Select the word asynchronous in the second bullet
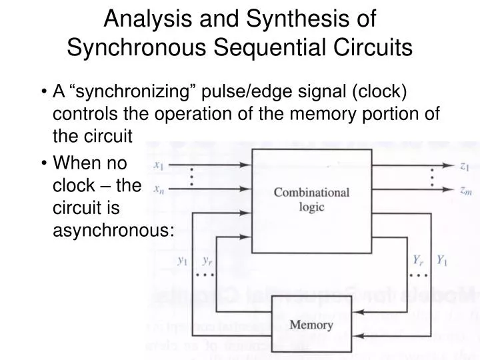pos(113,231)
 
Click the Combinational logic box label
pos(311,199)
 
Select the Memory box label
pos(311,325)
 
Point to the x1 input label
pos(159,165)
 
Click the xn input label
pos(159,189)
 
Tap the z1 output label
pos(465,167)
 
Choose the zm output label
pos(465,190)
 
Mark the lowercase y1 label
pos(182,261)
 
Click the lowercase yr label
pos(207,261)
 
